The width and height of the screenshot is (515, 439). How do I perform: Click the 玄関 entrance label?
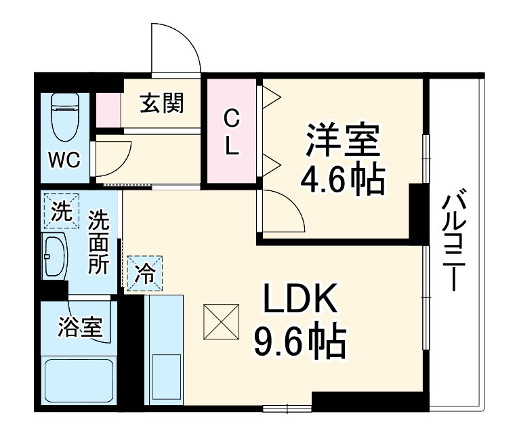(x=161, y=104)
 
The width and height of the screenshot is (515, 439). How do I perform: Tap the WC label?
(x=64, y=161)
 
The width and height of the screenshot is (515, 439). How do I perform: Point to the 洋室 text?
(x=341, y=140)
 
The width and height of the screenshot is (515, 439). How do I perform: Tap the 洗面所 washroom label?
(x=99, y=242)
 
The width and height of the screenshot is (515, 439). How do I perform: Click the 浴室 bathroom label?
(x=81, y=328)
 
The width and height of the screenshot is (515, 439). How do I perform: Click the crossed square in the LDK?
(x=222, y=322)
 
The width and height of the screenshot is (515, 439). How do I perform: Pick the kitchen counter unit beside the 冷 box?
(x=164, y=352)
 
